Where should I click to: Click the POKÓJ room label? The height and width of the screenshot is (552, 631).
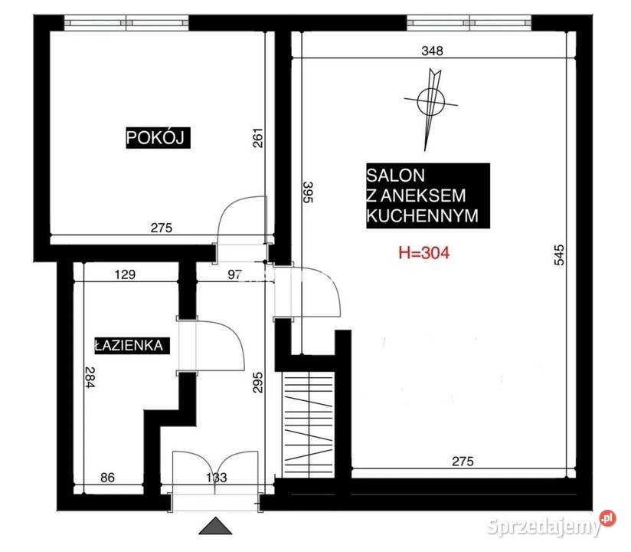click(x=158, y=138)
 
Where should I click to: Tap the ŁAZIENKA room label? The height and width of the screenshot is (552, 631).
click(x=132, y=345)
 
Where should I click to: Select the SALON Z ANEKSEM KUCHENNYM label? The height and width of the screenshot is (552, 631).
click(x=428, y=195)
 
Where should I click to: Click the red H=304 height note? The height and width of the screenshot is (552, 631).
click(x=423, y=253)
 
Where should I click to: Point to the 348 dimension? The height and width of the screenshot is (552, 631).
click(x=432, y=51)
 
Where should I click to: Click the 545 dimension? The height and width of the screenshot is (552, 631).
click(x=559, y=255)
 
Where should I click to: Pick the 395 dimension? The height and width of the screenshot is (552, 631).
click(x=308, y=192)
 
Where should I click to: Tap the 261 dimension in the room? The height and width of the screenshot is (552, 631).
click(x=257, y=138)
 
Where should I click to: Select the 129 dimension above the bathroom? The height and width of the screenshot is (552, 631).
click(x=125, y=274)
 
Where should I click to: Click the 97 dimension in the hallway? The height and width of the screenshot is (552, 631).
click(x=234, y=274)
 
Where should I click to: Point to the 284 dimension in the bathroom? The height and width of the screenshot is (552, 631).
click(x=90, y=377)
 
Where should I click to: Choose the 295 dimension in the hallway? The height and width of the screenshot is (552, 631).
click(x=257, y=382)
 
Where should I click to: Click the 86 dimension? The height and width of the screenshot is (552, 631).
click(x=107, y=478)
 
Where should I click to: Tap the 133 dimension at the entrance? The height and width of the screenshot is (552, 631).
click(x=217, y=478)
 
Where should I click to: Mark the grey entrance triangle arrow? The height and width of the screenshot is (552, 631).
click(x=216, y=526)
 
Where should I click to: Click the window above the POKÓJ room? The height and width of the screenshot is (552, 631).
click(x=126, y=23)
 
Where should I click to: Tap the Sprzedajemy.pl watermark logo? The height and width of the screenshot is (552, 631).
click(x=551, y=524)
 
